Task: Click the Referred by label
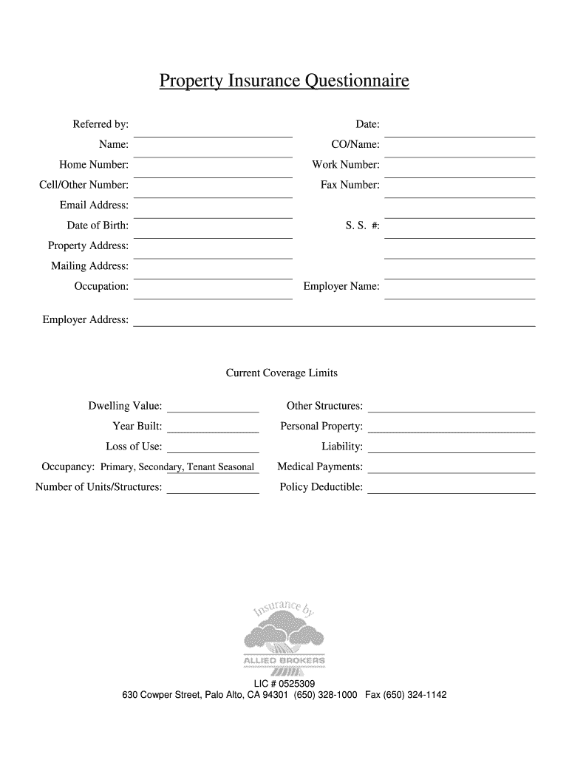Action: [100, 124]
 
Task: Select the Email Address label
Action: [94, 206]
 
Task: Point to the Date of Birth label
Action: [98, 225]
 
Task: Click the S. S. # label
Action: [362, 225]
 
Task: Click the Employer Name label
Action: [341, 286]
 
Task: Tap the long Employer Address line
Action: [333, 325]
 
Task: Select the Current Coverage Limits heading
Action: [282, 373]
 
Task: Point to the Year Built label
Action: [137, 427]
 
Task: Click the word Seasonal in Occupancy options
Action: [236, 467]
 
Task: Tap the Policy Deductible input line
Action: [451, 492]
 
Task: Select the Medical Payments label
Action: [320, 467]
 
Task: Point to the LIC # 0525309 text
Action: [284, 684]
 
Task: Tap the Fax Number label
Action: [350, 185]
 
